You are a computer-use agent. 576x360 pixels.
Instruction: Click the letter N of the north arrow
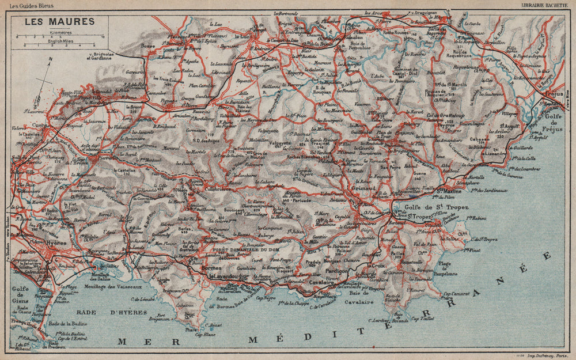51,59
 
